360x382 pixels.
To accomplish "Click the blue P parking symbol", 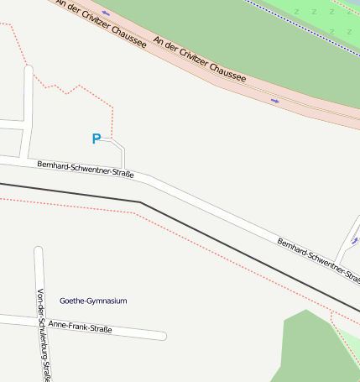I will [97, 139].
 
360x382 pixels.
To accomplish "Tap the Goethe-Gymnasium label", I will [93, 301].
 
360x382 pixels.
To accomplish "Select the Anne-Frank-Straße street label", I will [81, 327].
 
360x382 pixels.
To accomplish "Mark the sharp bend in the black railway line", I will [140, 202].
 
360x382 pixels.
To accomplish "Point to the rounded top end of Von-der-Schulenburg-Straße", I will [38, 250].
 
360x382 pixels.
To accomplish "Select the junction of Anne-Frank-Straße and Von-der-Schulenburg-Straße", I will [41, 321].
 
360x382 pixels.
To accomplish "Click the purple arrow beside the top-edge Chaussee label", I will [106, 13].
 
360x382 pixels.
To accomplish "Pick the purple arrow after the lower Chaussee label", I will [274, 101].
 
